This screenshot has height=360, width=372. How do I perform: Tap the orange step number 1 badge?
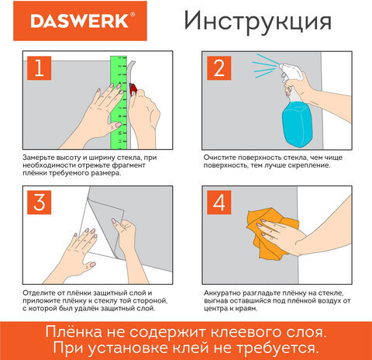(x=40, y=68)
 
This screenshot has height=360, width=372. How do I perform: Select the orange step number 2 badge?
(x=219, y=68)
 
